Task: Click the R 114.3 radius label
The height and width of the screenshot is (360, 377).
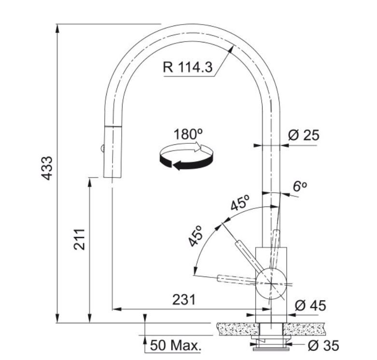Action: click(188, 67)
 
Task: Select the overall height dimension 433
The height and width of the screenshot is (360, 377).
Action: click(47, 168)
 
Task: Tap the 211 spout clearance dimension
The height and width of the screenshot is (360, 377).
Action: click(79, 240)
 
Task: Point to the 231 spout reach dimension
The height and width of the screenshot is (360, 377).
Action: click(184, 300)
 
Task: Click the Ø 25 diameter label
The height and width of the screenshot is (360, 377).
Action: click(304, 135)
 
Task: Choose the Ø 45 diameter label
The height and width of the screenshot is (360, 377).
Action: click(310, 305)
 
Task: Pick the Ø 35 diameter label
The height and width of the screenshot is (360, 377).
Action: click(323, 346)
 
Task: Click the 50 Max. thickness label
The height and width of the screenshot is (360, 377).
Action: click(176, 346)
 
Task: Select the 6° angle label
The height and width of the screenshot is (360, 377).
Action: click(300, 186)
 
